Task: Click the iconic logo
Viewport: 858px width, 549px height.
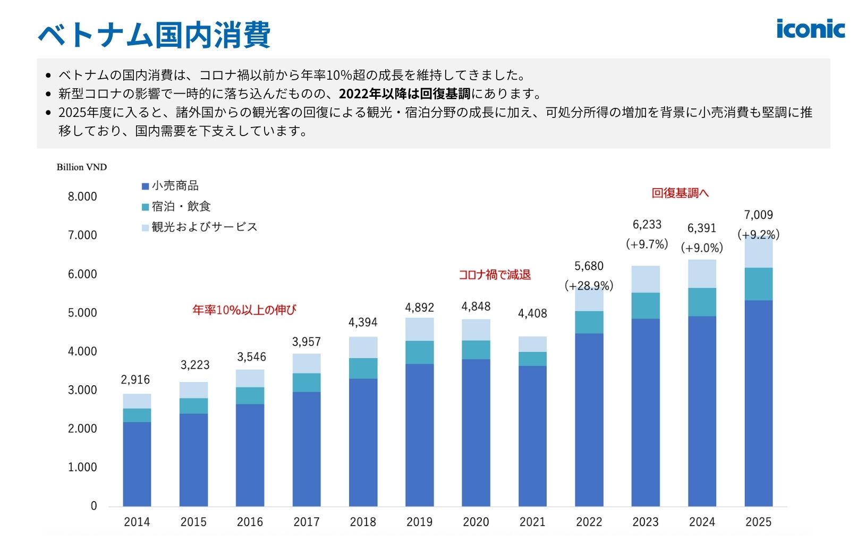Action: tap(810, 29)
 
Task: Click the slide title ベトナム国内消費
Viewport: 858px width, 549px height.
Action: tap(155, 35)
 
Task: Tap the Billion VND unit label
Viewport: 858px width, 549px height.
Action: tap(82, 167)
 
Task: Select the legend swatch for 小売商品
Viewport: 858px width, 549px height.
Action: tap(145, 187)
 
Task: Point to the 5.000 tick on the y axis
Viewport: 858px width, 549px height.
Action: tap(82, 312)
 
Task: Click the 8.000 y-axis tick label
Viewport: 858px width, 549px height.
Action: tap(82, 197)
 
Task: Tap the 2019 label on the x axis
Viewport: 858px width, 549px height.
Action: tap(419, 522)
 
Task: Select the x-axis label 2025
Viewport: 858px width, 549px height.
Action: tap(758, 522)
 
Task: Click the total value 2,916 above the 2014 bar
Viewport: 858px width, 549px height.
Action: tap(135, 379)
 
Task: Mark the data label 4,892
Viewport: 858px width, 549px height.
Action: tap(419, 307)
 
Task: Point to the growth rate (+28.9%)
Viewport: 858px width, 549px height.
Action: tap(589, 285)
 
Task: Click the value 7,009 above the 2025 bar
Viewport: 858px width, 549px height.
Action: tap(758, 215)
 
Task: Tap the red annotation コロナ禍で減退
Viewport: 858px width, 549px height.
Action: tap(495, 275)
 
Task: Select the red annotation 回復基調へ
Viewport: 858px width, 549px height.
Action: tap(680, 193)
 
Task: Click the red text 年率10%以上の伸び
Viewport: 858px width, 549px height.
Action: tap(244, 310)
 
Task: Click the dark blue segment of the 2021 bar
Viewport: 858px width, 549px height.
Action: tap(532, 436)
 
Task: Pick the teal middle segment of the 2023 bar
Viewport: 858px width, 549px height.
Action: tap(645, 306)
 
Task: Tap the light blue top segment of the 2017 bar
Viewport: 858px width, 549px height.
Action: tap(307, 364)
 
